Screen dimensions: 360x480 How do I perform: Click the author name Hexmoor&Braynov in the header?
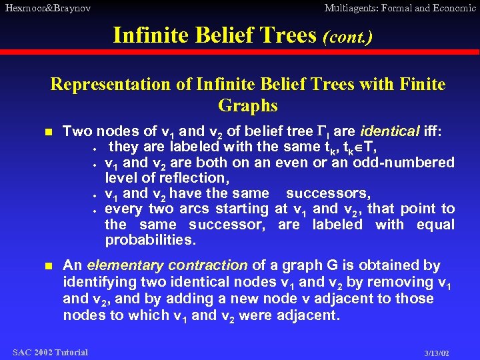pos(47,8)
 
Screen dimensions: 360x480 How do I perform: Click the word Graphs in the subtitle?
pos(247,106)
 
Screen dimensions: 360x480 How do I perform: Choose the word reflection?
pos(193,178)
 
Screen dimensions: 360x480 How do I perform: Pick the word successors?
pos(327,193)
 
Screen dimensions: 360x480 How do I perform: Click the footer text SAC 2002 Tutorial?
pos(50,352)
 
